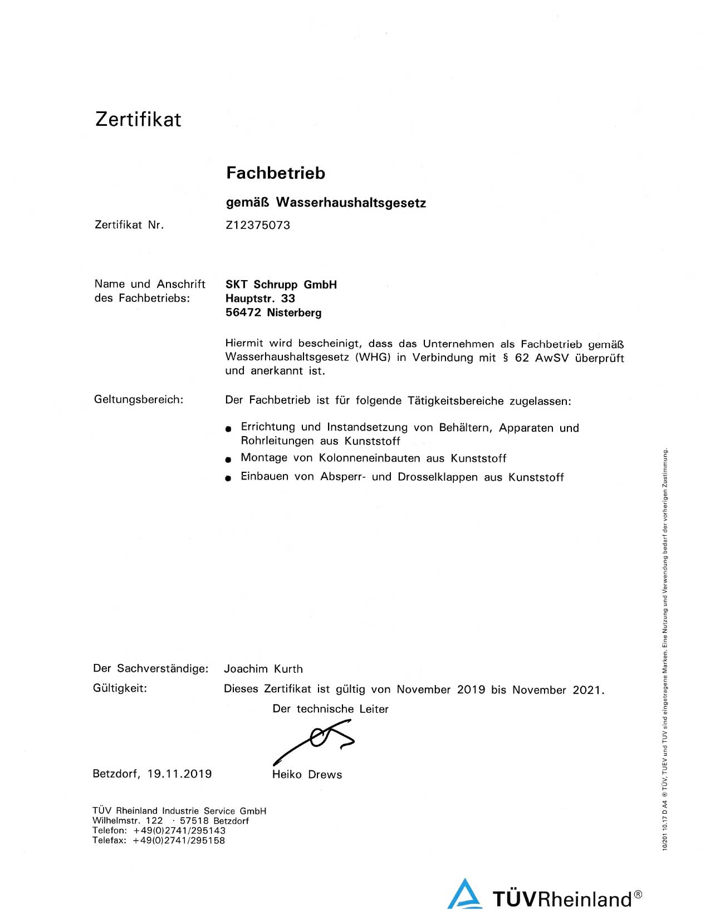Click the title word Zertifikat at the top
point(138,119)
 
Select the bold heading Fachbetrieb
point(276,173)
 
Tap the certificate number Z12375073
point(258,225)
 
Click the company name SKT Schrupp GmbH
point(281,285)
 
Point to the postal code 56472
point(243,312)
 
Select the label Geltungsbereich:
point(139,399)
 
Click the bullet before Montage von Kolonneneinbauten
point(228,459)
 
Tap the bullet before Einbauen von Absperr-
point(228,478)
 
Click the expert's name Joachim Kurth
point(263,669)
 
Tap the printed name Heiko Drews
point(307,775)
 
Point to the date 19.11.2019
point(179,774)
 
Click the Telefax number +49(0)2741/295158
point(179,840)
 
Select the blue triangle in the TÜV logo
point(464,895)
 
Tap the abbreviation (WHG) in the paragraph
point(373,358)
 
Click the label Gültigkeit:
point(120,688)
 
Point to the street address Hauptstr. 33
point(260,299)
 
